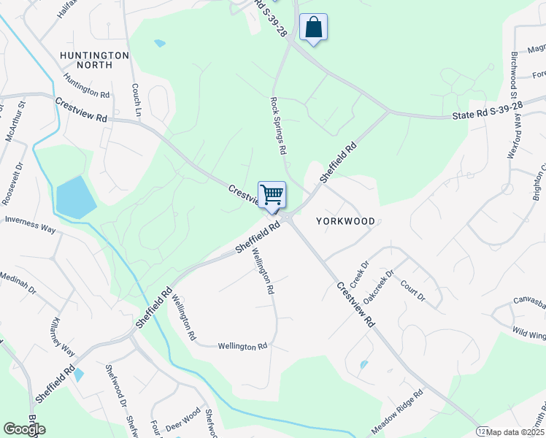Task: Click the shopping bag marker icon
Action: (313, 28)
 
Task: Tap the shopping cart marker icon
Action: (272, 195)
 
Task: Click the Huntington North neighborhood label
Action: (96, 60)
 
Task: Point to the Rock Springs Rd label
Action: (277, 125)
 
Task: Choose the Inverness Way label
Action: (30, 224)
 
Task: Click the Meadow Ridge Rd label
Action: (398, 414)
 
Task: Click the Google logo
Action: (24, 429)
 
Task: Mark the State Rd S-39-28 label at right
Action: (487, 111)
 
